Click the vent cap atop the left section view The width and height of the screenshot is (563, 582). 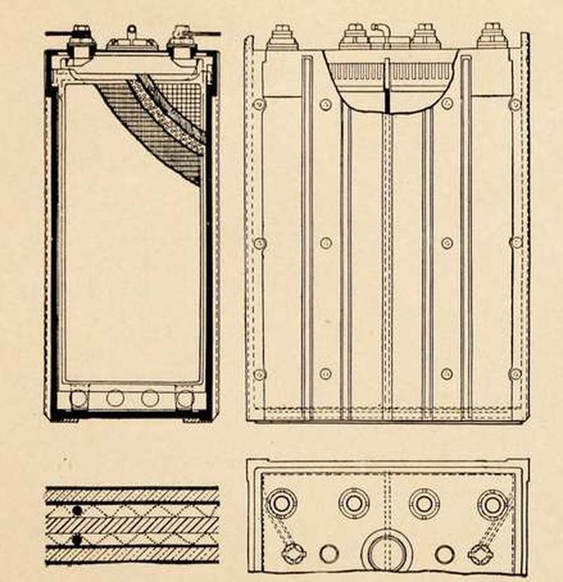131,37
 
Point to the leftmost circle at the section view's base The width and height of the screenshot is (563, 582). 79,398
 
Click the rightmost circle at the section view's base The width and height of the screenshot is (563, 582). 184,398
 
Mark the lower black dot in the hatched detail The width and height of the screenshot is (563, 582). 75,540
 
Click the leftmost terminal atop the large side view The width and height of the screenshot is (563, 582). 282,37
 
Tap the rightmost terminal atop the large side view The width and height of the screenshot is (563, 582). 493,37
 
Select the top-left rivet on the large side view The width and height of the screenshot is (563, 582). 260,104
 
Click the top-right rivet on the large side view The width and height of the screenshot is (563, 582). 515,104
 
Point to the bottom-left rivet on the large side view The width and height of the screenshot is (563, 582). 260,374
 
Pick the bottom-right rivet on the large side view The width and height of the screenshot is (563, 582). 515,374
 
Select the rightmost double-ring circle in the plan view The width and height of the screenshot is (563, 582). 493,504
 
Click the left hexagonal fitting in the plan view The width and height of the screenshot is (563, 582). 293,553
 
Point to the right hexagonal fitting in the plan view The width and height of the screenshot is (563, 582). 481,553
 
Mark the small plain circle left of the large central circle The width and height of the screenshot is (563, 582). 329,554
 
